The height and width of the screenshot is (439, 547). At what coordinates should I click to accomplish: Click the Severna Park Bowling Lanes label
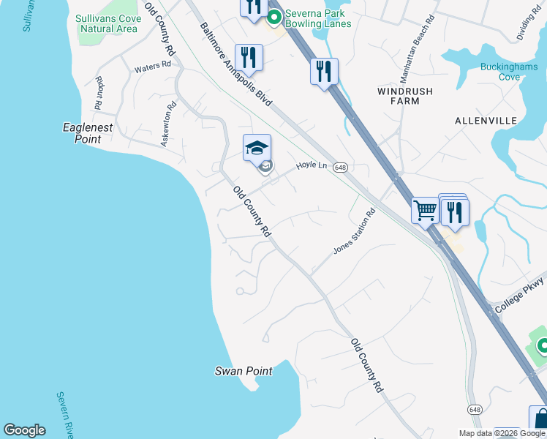click(318, 18)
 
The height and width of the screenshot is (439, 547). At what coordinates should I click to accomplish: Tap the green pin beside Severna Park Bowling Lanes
click(274, 17)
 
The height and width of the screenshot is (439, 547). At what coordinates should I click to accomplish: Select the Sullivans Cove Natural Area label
click(107, 23)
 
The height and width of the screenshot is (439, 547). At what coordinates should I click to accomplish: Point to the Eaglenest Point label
click(88, 132)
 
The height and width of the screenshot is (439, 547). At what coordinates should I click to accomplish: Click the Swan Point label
click(244, 371)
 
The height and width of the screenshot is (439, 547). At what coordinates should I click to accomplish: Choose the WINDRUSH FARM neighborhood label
click(404, 96)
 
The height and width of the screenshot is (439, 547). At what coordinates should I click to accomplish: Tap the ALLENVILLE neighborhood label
click(486, 120)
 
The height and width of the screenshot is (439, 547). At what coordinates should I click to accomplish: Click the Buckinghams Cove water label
click(510, 71)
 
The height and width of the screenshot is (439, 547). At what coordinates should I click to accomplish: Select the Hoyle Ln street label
click(312, 166)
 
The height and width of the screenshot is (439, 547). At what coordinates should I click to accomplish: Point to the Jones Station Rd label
click(355, 232)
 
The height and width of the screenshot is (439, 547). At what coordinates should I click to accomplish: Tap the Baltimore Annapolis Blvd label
click(235, 64)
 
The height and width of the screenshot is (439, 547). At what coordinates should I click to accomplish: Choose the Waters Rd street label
click(153, 67)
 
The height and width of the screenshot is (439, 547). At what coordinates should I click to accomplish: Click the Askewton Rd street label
click(169, 124)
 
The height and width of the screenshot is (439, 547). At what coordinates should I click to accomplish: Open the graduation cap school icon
click(257, 148)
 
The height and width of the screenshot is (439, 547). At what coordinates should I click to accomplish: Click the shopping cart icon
click(425, 211)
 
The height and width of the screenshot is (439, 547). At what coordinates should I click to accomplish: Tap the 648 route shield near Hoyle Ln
click(340, 168)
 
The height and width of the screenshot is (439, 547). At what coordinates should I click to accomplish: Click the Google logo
click(24, 430)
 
